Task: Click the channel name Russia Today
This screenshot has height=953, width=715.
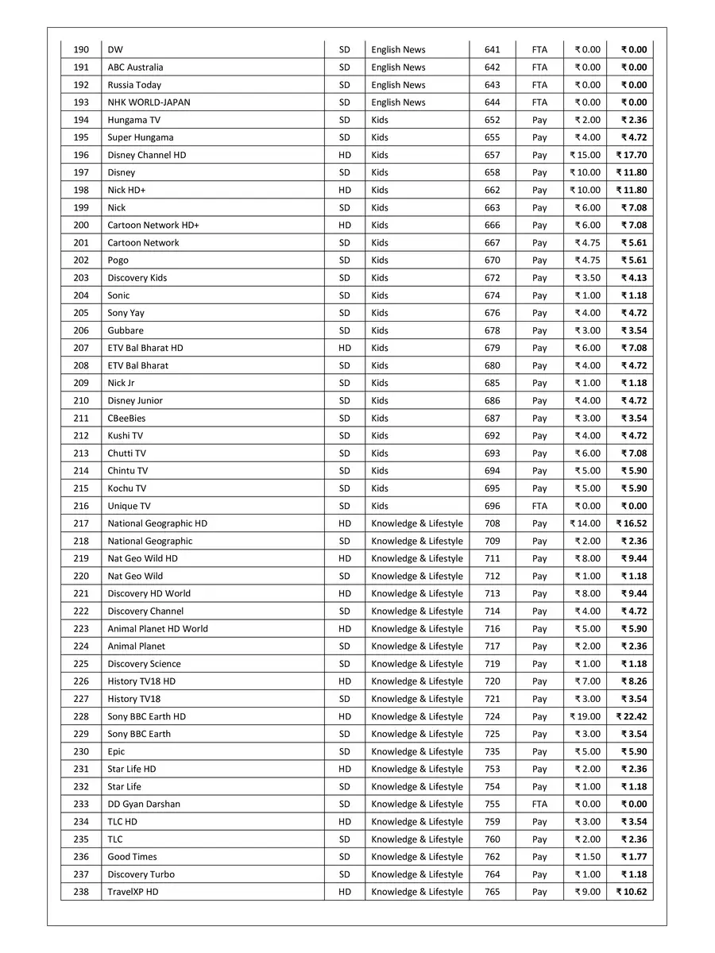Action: coord(134,85)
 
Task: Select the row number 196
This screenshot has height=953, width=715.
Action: coord(81,155)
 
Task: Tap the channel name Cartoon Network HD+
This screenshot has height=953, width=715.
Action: coord(153,226)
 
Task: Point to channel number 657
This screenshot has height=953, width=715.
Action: coord(493,155)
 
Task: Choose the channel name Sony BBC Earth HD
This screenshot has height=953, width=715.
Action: coord(147,716)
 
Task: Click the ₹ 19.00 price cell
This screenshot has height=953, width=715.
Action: coord(586,716)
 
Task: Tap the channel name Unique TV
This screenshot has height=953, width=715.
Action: coord(129,506)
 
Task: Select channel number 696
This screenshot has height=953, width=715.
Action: coord(493,506)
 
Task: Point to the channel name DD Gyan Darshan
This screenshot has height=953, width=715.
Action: coord(144,804)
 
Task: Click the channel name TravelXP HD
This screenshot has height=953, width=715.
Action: coord(133,892)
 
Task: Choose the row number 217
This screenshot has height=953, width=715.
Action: coord(81,523)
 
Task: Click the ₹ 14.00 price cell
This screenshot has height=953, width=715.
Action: coord(586,523)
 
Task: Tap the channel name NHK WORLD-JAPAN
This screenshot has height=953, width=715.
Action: coord(149,102)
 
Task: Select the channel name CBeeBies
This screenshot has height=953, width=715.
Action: coord(126,419)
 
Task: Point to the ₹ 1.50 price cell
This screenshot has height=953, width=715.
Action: coord(588,857)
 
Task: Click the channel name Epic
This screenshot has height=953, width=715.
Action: coord(116,751)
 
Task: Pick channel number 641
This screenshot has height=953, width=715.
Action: coord(493,50)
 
